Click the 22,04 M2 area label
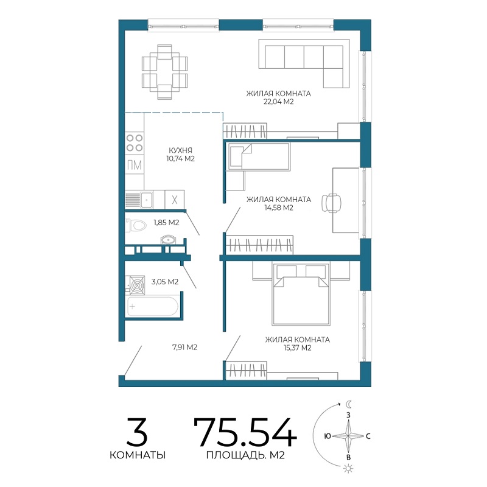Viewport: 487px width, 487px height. pyautogui.click(x=278, y=102)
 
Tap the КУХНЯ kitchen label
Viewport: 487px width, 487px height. pyautogui.click(x=180, y=150)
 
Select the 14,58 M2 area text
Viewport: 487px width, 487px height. pyautogui.click(x=279, y=208)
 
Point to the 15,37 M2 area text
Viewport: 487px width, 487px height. pyautogui.click(x=297, y=348)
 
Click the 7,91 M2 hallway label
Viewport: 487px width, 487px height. pyautogui.click(x=185, y=347)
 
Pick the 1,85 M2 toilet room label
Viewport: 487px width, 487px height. pyautogui.click(x=166, y=222)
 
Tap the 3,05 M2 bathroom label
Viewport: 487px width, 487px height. pyautogui.click(x=165, y=282)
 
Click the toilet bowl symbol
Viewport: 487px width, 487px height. pyautogui.click(x=136, y=225)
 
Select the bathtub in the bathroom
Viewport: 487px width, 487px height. pyautogui.click(x=152, y=307)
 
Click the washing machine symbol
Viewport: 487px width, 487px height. pyautogui.click(x=136, y=284)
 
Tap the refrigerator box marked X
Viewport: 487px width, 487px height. pyautogui.click(x=175, y=200)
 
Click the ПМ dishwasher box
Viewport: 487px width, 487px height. pyautogui.click(x=135, y=165)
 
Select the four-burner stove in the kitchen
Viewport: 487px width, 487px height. pyautogui.click(x=135, y=142)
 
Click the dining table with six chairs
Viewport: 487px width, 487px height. pyautogui.click(x=164, y=72)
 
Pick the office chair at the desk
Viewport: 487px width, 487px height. pyautogui.click(x=331, y=203)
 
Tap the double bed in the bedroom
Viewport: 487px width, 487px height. pyautogui.click(x=300, y=294)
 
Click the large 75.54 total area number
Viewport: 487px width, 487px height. pyautogui.click(x=245, y=432)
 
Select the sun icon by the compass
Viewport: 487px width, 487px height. pyautogui.click(x=348, y=468)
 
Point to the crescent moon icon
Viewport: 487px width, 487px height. pyautogui.click(x=349, y=404)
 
